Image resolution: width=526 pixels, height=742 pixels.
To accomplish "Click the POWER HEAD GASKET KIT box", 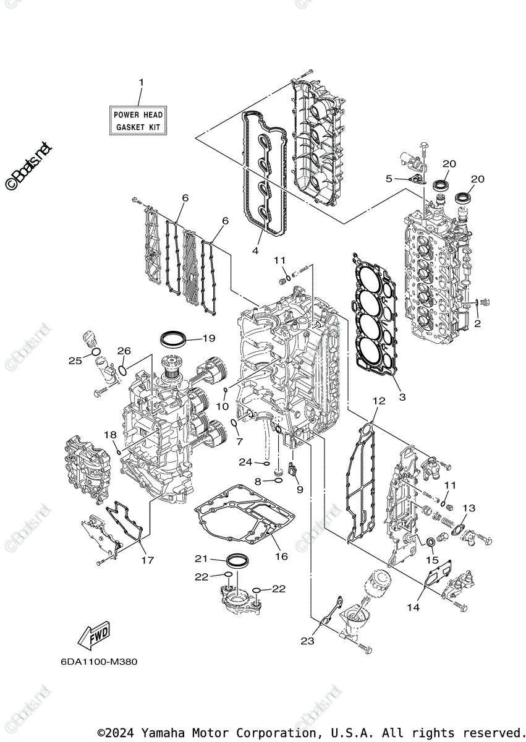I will [138, 121].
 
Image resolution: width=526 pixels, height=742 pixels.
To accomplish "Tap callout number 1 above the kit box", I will [141, 82].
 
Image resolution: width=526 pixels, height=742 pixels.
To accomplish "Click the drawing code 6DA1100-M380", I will [99, 661].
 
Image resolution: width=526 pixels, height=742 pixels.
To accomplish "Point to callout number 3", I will [402, 396].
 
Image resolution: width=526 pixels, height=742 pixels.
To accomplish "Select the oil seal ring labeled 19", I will [173, 338].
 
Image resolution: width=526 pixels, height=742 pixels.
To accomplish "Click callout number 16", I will [281, 556].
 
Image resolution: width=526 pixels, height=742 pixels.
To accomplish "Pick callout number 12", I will [378, 401].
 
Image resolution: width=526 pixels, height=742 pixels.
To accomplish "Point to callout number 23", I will [308, 641].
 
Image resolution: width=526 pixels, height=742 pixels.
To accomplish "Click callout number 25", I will [75, 360].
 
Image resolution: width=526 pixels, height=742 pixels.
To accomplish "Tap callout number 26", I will [124, 351].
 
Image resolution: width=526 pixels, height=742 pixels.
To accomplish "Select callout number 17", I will [147, 560].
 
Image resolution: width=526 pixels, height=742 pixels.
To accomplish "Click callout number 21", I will [201, 558].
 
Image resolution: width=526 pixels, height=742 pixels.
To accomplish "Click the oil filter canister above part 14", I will [378, 581].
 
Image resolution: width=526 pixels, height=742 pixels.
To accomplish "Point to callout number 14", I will [413, 608].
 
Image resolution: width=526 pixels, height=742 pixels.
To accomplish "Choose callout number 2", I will [477, 323].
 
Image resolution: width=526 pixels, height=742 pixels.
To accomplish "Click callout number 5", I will [389, 179].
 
